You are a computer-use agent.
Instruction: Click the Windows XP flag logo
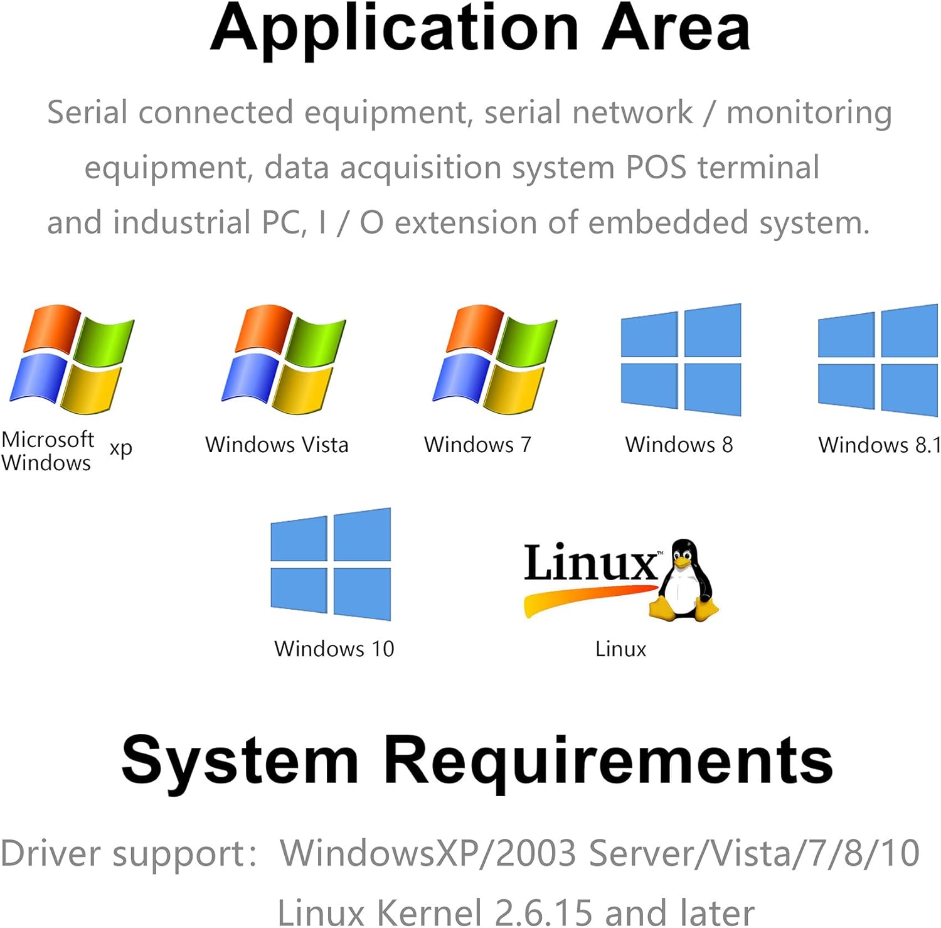72,359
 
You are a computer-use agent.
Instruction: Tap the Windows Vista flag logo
284,359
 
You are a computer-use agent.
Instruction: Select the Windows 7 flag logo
495,359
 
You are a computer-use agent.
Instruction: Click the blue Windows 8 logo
681,359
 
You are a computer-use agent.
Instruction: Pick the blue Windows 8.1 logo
878,359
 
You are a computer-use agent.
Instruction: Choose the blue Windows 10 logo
331,564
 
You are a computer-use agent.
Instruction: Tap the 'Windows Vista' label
277,445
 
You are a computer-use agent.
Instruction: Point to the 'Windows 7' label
477,445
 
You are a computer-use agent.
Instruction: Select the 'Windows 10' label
334,649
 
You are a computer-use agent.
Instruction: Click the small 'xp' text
121,448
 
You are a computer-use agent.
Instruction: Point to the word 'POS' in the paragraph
656,168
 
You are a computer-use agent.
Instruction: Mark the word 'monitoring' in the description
809,113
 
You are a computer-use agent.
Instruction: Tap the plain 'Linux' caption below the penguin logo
620,649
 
